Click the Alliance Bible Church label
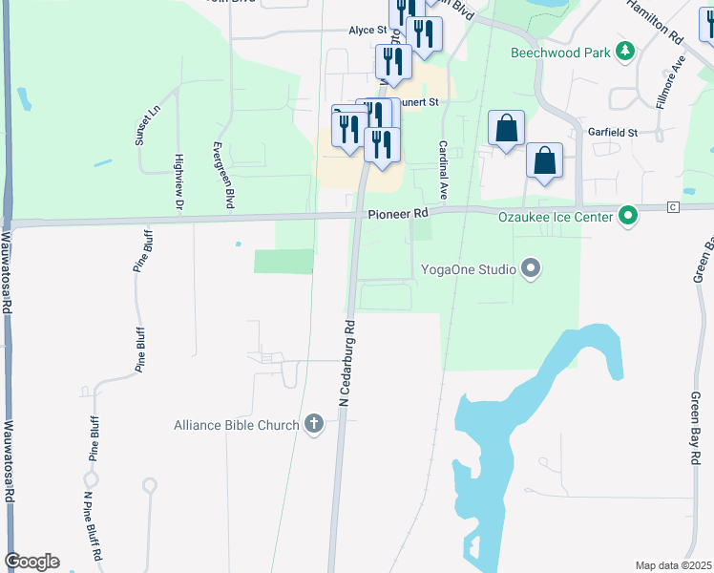236,425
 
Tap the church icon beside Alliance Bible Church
315,425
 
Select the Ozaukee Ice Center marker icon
627,217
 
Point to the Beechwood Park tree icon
625,51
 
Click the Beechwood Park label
559,53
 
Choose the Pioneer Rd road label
399,216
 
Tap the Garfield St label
612,133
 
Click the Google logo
31,562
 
